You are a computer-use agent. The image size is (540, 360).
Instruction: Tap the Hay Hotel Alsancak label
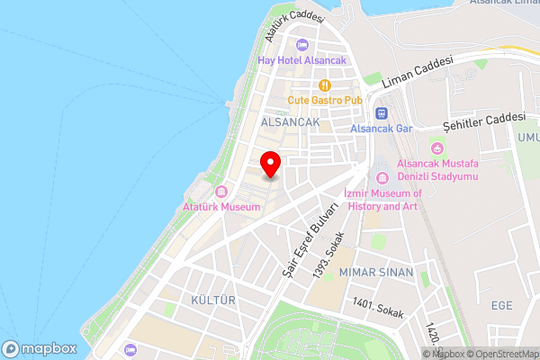(x=301, y=60)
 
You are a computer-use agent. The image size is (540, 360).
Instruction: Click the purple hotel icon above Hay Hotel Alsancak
(x=301, y=45)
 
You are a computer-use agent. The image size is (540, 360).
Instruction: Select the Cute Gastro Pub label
(x=323, y=100)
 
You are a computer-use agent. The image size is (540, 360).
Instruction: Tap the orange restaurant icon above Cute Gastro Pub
(x=324, y=85)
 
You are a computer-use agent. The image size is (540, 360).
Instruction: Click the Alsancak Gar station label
(x=381, y=129)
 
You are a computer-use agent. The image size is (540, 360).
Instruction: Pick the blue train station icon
(x=381, y=113)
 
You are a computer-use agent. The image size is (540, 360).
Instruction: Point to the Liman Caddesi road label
(x=416, y=73)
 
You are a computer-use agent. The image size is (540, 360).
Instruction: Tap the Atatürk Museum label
(x=221, y=207)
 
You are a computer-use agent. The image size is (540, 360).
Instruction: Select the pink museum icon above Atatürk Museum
(x=221, y=192)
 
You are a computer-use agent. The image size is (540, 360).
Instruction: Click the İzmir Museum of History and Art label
(x=382, y=200)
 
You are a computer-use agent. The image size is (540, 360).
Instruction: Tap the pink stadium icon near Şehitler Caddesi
(x=438, y=148)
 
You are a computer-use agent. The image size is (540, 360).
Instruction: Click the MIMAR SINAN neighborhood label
(x=376, y=272)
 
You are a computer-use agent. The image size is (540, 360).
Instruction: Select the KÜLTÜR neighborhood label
(x=213, y=299)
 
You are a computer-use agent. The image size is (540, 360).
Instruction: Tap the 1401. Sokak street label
(x=379, y=308)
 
